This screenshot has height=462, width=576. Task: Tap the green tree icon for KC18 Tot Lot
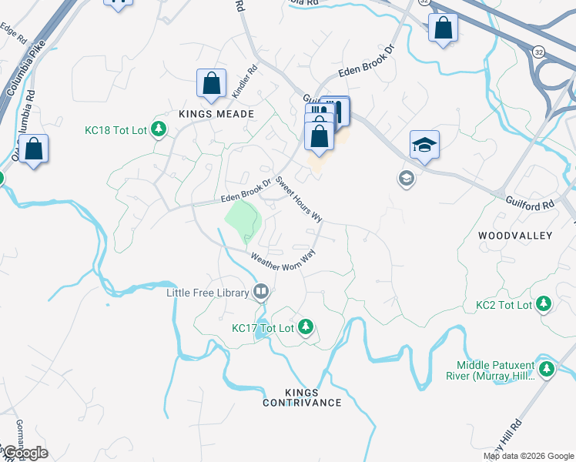[x=159, y=129]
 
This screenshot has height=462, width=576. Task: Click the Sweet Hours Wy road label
[x=299, y=199]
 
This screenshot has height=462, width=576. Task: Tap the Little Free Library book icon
[x=261, y=292]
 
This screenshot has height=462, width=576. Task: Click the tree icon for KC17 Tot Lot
[x=306, y=327]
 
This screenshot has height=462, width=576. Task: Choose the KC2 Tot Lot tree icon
[x=544, y=305]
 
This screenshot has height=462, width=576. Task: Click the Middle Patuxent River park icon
[x=547, y=370]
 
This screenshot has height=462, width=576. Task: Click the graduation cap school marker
[x=424, y=146]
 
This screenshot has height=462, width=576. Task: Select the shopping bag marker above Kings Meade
[x=211, y=83]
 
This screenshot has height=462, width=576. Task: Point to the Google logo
[x=25, y=453]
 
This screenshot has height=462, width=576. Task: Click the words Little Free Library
[x=208, y=293]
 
